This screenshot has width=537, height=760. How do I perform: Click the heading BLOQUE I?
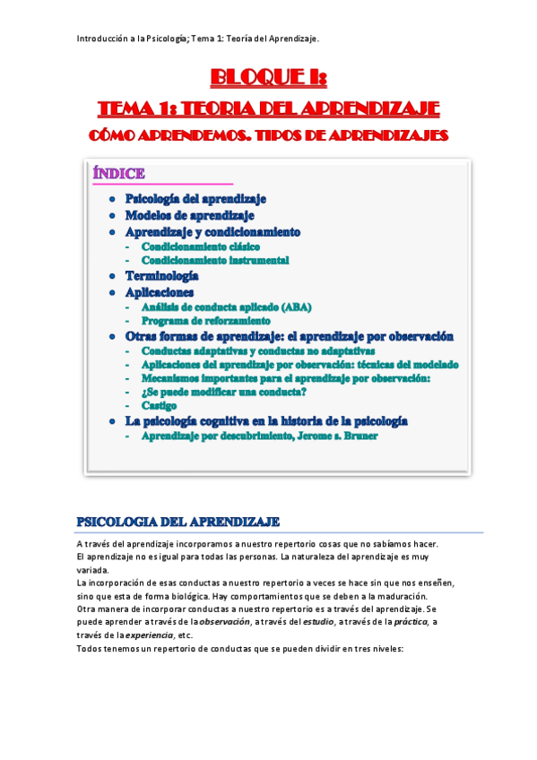[268, 79]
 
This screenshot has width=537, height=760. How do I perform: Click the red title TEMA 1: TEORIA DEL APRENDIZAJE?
[268, 109]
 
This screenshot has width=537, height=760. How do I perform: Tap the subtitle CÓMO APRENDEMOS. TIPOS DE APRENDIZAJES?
[268, 135]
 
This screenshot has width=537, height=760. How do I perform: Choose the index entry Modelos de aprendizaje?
[189, 215]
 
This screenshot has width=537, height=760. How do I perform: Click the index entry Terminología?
[161, 276]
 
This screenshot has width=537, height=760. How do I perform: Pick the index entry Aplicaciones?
[159, 292]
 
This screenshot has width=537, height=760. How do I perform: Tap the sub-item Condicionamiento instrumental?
[215, 260]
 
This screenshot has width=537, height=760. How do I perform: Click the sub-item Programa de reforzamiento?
[205, 320]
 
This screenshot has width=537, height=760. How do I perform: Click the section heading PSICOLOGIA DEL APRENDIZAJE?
[178, 522]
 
